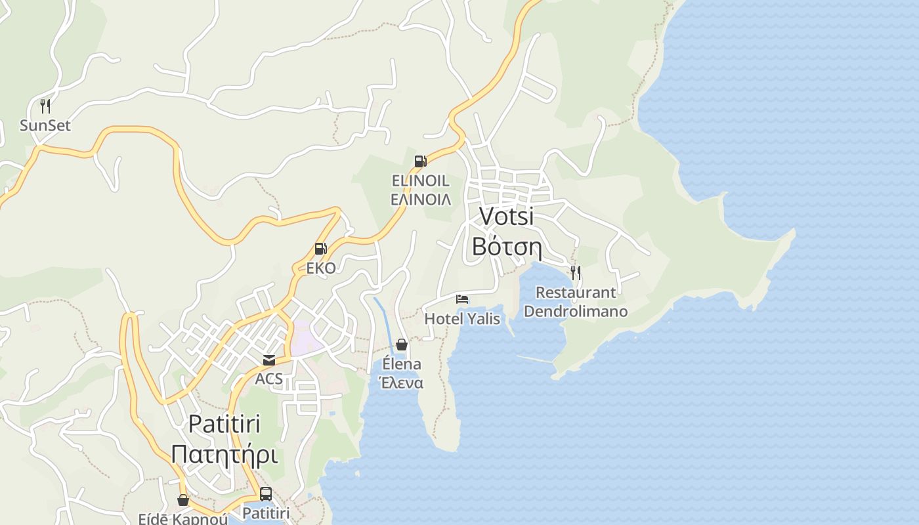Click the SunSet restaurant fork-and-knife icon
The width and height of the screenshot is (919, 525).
pyautogui.click(x=45, y=106)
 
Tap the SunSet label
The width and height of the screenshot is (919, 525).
pyautogui.click(x=45, y=125)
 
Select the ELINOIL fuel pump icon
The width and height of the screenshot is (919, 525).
pyautogui.click(x=420, y=161)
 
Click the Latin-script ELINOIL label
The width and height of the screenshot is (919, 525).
pyautogui.click(x=420, y=180)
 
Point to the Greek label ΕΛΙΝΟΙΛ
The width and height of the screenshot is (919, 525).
pyautogui.click(x=420, y=199)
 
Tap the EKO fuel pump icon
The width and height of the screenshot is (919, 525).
pyautogui.click(x=320, y=249)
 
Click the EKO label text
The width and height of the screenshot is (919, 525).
pyautogui.click(x=320, y=268)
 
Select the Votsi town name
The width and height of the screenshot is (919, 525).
pyautogui.click(x=506, y=216)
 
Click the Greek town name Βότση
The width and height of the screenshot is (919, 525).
pyautogui.click(x=506, y=247)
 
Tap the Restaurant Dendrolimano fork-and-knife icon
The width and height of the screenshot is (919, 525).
pyautogui.click(x=576, y=273)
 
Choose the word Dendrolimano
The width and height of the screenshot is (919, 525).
pyautogui.click(x=576, y=312)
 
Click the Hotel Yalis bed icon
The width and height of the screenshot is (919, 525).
pyautogui.click(x=462, y=299)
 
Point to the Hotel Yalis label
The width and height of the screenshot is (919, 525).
pyautogui.click(x=462, y=319)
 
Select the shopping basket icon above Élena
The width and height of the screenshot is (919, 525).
pyautogui.click(x=402, y=345)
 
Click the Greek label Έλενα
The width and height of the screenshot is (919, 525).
pyautogui.click(x=400, y=383)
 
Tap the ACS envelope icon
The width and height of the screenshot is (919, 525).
pyautogui.click(x=269, y=360)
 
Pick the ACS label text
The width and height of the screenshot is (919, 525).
pyautogui.click(x=269, y=379)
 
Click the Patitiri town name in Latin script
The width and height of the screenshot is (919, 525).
pyautogui.click(x=224, y=424)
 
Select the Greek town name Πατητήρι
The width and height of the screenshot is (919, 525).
pyautogui.click(x=224, y=455)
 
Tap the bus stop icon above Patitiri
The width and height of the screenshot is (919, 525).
pyautogui.click(x=266, y=494)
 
